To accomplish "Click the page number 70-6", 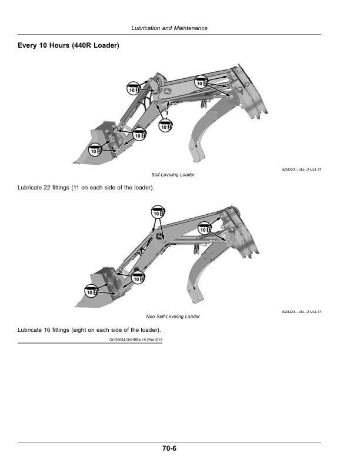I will [170, 448].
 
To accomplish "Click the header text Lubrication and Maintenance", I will [169, 28].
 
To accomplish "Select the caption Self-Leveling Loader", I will [173, 175].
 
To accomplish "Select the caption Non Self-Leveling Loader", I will [173, 317].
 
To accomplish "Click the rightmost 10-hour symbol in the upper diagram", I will [201, 83].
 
